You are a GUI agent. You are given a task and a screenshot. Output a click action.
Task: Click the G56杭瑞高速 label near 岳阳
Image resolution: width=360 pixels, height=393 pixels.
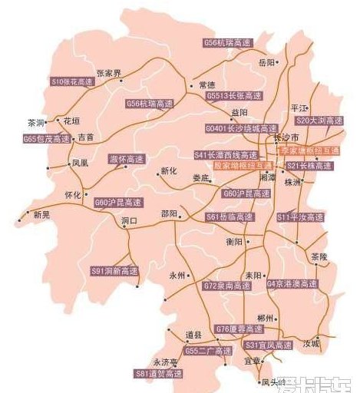[x=228, y=44]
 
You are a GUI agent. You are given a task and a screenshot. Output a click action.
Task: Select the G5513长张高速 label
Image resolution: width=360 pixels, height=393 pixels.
[x=235, y=97]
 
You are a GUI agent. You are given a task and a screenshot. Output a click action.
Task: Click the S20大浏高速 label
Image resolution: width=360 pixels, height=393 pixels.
[x=320, y=121]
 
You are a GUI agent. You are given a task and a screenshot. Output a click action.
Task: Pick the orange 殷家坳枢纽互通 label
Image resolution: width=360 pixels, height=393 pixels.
[x=243, y=165]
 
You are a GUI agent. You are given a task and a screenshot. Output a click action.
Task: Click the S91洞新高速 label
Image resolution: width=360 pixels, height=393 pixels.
[x=114, y=271]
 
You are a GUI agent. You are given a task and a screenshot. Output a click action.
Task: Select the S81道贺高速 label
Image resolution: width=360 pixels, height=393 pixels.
[x=160, y=374]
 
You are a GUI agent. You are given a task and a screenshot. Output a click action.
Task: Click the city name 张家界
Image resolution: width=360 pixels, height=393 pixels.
[x=108, y=73]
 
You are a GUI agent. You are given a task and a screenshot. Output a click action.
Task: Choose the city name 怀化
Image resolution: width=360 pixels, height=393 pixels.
[x=73, y=195]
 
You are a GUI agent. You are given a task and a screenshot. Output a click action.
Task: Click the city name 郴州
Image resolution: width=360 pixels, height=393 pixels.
[x=266, y=317]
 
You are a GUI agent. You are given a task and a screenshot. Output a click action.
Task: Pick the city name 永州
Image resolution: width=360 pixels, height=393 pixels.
[x=177, y=275]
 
